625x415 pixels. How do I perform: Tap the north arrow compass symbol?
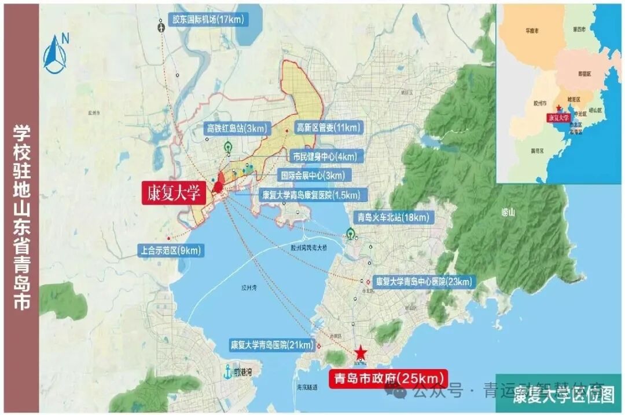pyautogui.click(x=56, y=54)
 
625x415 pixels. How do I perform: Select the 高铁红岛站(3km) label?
pyautogui.click(x=236, y=128)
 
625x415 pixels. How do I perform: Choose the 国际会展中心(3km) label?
pyautogui.click(x=312, y=175)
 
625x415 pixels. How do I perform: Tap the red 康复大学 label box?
pyautogui.click(x=174, y=194)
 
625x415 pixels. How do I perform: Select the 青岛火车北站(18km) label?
pyautogui.click(x=394, y=218)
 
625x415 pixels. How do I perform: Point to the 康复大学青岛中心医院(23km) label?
pyautogui.click(x=424, y=282)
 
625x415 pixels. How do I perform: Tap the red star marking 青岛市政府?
pyautogui.click(x=360, y=352)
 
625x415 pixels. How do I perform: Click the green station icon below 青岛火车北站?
pyautogui.click(x=350, y=234)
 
